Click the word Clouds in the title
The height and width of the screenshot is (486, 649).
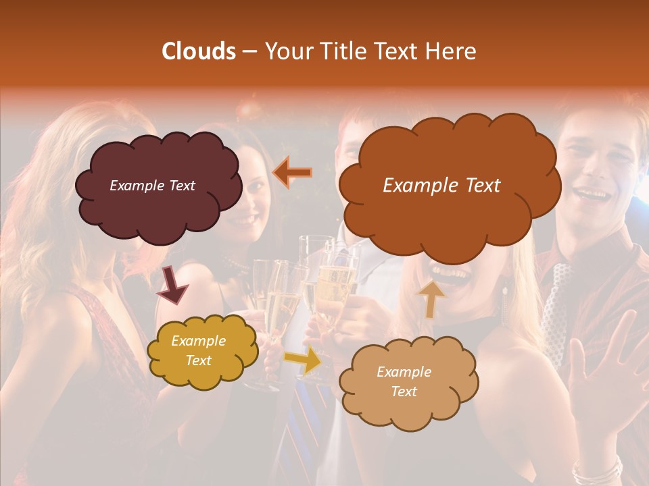[199, 51]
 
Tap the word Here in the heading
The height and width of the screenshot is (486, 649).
[451, 51]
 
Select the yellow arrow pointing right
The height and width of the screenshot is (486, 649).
[303, 360]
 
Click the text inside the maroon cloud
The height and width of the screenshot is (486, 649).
[152, 186]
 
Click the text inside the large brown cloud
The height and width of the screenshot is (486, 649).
[441, 186]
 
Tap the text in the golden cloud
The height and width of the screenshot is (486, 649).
[199, 350]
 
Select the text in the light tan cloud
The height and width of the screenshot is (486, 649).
[404, 381]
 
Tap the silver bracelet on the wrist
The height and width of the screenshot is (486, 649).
[596, 470]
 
